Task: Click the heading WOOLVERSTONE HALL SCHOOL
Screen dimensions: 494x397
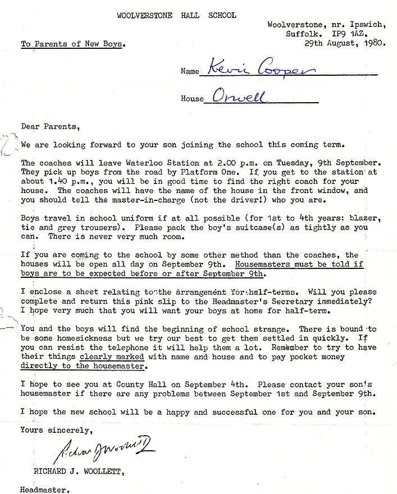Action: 176,15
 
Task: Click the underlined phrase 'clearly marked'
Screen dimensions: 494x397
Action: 112,356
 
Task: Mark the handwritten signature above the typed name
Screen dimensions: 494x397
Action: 104,448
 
